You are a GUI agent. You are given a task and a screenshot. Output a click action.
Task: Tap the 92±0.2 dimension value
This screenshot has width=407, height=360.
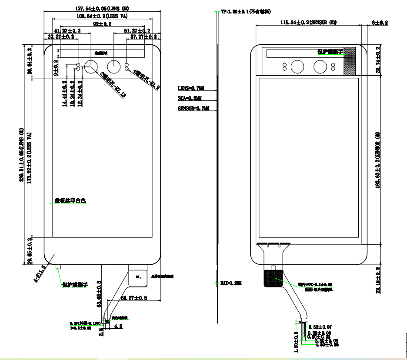pos(102,24)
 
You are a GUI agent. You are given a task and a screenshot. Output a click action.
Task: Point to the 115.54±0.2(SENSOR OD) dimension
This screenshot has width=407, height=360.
pos(308,22)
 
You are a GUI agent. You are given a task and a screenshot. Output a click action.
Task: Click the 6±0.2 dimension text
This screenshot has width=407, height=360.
pos(380,22)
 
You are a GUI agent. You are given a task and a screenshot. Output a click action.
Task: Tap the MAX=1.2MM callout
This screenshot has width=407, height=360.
pos(230,283)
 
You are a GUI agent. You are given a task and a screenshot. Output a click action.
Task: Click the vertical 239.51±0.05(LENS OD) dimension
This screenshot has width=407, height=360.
pos(21,155)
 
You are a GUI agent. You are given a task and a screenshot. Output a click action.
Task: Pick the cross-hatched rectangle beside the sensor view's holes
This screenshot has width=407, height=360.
pos(350,60)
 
